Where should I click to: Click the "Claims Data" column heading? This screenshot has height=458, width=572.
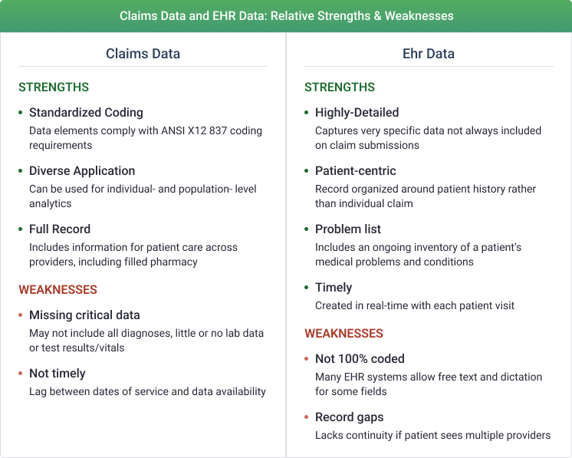point(143,54)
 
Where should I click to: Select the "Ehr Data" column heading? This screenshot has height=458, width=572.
point(429,54)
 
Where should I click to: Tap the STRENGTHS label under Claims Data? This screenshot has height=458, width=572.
point(54,87)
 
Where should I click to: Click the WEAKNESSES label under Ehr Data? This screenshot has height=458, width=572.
point(344,333)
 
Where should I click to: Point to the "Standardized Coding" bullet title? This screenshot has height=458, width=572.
point(86,113)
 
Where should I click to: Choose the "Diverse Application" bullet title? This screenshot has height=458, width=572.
point(82,171)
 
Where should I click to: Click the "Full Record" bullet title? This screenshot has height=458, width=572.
point(60,229)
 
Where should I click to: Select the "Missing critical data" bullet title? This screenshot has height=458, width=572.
point(84,315)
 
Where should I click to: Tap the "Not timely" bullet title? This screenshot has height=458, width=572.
point(58,374)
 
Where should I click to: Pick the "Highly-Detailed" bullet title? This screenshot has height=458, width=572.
point(357,113)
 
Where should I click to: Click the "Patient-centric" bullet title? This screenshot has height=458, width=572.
point(356,171)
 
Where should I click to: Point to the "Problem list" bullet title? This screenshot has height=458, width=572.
point(348,229)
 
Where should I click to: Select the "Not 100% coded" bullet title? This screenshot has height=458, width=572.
point(360,359)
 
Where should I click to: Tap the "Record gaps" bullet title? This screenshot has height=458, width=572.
point(350,417)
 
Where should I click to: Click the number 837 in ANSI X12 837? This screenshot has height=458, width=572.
point(219,130)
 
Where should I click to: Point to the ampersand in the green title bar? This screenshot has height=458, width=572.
point(378,16)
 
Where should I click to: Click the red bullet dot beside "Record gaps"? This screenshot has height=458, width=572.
point(307,417)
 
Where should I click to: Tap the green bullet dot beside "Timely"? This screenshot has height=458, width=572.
point(307,287)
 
